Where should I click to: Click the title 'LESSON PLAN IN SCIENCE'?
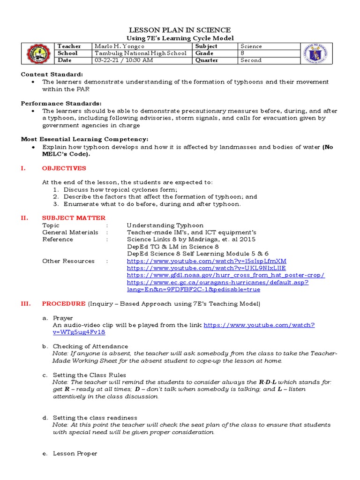(x=180, y=30)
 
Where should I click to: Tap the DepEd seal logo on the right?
(x=315, y=53)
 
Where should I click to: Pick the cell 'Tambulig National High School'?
(x=141, y=53)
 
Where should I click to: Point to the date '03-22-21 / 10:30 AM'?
(x=123, y=60)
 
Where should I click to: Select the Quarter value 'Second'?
(x=251, y=60)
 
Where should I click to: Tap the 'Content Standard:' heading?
(x=52, y=75)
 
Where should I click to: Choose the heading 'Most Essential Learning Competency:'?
(x=84, y=139)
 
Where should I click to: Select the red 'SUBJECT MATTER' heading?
(x=74, y=218)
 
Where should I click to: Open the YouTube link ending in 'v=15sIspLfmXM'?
(x=206, y=261)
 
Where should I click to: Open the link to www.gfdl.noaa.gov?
(x=225, y=275)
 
